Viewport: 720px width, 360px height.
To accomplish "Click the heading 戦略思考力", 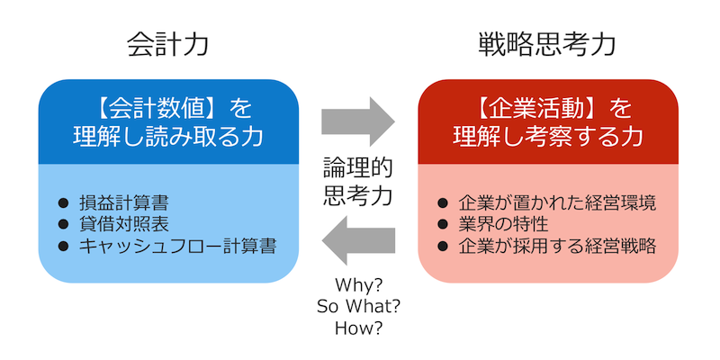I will pyautogui.click(x=547, y=43).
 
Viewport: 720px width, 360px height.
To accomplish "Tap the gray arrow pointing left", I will pyautogui.click(x=358, y=241).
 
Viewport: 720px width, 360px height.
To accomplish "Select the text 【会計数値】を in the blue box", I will pyautogui.click(x=168, y=110).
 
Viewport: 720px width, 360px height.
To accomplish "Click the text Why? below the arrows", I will pyautogui.click(x=358, y=285).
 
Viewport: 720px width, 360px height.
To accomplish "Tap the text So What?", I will pyautogui.click(x=358, y=306).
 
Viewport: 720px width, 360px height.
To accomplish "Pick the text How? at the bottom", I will pyautogui.click(x=358, y=328).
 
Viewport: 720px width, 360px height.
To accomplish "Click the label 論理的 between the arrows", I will pyautogui.click(x=358, y=168).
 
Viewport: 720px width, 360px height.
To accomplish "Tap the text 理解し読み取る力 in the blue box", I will pyautogui.click(x=168, y=137).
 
